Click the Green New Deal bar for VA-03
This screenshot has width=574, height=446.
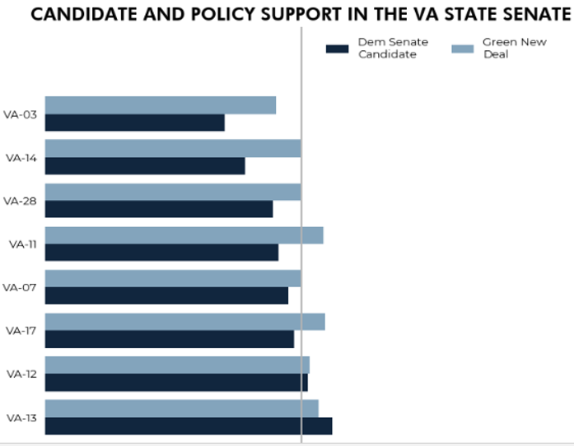(160, 105)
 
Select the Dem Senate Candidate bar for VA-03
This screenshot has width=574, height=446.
(134, 123)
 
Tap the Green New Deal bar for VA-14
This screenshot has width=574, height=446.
(173, 148)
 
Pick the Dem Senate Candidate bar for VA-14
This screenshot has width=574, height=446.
(145, 165)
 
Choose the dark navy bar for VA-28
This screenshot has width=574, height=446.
(158, 209)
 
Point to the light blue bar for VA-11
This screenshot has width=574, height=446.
(184, 235)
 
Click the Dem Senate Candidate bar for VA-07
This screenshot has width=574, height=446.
(166, 295)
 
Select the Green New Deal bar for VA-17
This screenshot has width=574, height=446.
(184, 322)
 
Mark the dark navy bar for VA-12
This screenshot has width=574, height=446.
(176, 382)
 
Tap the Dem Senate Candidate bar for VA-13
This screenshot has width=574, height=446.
(188, 425)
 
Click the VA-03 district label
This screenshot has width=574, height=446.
(20, 114)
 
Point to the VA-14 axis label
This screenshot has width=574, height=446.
(20, 157)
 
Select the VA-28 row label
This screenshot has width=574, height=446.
(20, 201)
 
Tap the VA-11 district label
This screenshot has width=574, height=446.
(21, 244)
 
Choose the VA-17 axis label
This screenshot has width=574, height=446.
(20, 330)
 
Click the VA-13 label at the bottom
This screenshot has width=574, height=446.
(21, 418)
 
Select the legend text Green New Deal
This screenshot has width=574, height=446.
(514, 48)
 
